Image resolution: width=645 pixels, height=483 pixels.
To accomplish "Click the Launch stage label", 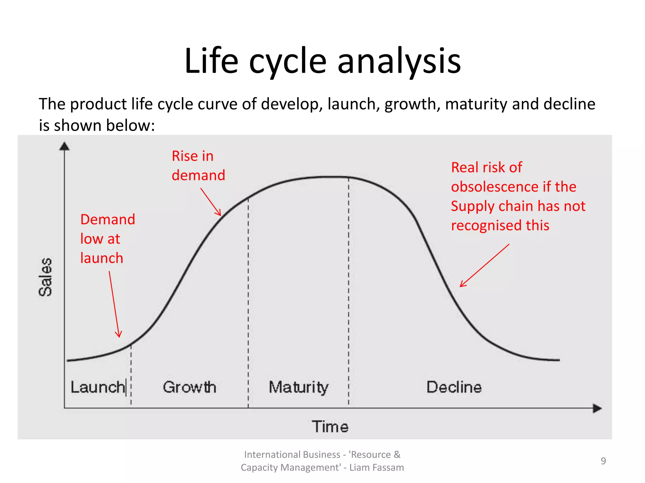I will (98, 387).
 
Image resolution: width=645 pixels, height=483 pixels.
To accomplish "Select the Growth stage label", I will (190, 387).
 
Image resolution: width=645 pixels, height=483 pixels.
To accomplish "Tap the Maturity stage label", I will (298, 387).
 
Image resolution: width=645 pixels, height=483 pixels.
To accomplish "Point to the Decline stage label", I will (454, 387).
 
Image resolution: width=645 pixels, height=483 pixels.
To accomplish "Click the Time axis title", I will (330, 427).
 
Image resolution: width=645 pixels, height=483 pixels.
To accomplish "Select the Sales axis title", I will (45, 277).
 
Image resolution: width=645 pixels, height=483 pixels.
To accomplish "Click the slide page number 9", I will (603, 461).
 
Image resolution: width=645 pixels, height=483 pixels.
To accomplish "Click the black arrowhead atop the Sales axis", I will (65, 146).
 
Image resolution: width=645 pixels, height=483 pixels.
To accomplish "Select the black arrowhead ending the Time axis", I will (597, 408).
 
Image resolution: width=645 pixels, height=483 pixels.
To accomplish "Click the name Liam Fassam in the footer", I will (377, 468).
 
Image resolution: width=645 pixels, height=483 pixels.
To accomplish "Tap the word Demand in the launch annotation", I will (108, 219).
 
